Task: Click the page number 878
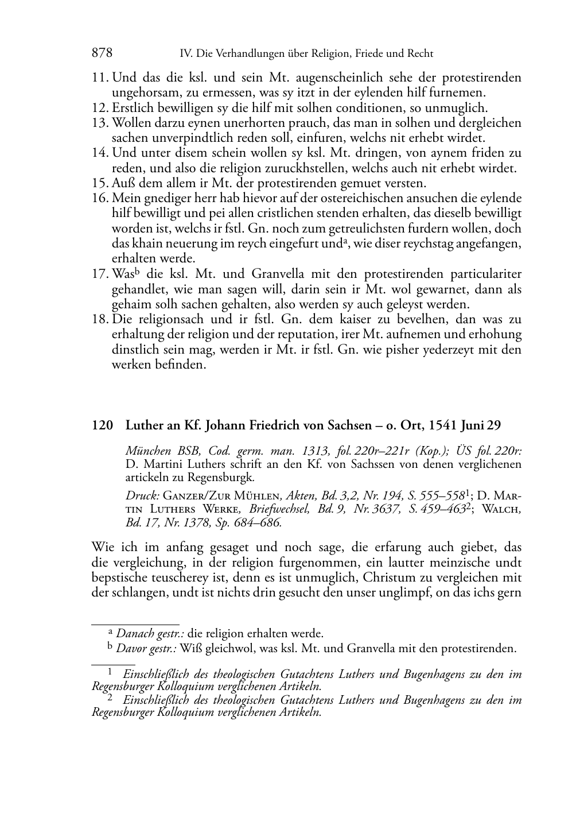[x=102, y=53]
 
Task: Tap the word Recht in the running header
[x=419, y=54]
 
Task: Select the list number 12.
[x=100, y=108]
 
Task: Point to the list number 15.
[x=100, y=184]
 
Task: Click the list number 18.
[x=100, y=320]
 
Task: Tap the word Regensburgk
[x=224, y=477]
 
